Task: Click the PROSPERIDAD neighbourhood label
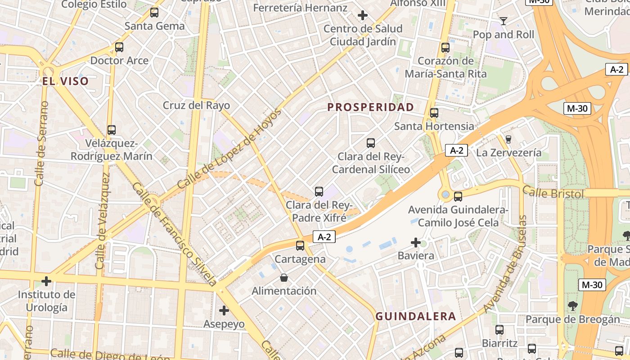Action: pos(370,107)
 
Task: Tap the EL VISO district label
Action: pos(66,81)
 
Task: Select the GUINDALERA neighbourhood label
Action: pos(416,316)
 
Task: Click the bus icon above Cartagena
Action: pos(300,246)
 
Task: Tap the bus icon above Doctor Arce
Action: pos(119,47)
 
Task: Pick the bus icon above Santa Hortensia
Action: pos(434,113)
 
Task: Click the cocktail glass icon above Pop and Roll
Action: pos(504,21)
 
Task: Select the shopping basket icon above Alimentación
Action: pos(284,278)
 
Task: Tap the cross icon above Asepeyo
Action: pos(224,310)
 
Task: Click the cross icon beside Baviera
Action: pos(416,243)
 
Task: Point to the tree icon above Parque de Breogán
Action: pos(572,306)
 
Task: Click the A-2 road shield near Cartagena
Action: pos(324,237)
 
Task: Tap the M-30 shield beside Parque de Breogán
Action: pos(591,284)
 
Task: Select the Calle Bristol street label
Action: pos(553,193)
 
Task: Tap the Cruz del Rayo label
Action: pos(196,106)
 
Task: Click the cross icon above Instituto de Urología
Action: pos(46,281)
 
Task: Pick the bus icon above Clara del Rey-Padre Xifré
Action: pos(319,192)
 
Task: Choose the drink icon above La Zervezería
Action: pos(508,139)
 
